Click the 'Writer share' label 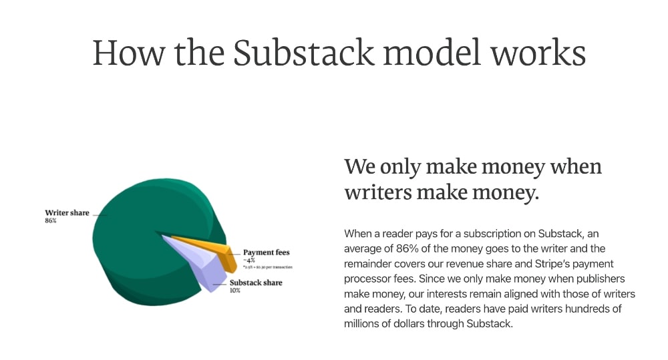click(67, 213)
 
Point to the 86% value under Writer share click(51, 221)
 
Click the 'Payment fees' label click(267, 252)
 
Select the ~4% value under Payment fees click(249, 260)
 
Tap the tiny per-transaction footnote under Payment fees click(267, 266)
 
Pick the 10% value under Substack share click(235, 291)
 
